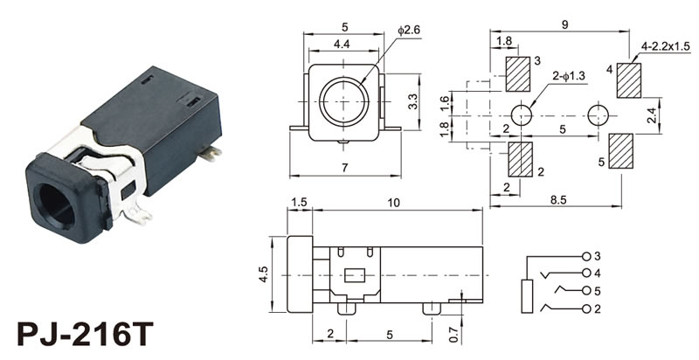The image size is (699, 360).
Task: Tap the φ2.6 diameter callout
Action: (x=410, y=31)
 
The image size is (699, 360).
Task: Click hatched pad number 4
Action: (x=628, y=80)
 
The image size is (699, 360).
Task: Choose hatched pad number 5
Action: (x=620, y=152)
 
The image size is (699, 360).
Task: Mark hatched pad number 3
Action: (x=518, y=73)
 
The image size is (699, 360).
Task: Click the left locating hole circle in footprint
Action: (x=521, y=114)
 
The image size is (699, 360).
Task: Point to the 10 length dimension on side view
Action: (x=395, y=203)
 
